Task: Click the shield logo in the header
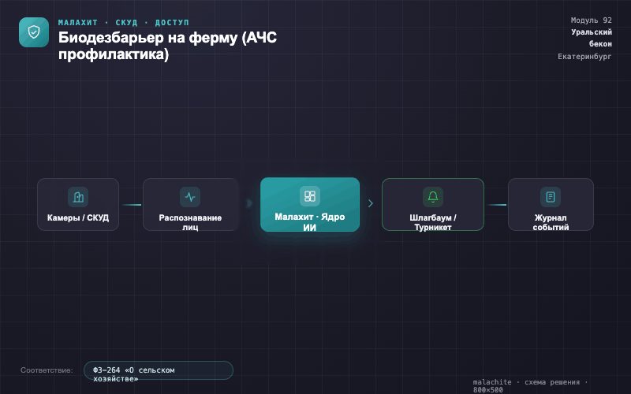34,32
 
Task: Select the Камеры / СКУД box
78,204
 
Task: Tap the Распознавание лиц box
190,204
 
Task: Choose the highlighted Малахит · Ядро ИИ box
310,204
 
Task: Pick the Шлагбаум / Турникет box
433,204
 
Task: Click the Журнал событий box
551,204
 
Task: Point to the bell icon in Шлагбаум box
433,196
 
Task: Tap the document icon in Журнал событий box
551,196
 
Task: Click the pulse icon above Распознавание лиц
190,196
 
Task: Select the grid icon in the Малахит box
310,196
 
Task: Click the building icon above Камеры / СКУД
78,196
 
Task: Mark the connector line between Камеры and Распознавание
131,205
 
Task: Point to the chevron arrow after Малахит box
371,203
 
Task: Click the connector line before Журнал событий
496,205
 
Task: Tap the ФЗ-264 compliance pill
159,370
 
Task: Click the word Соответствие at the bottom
47,370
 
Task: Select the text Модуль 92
591,20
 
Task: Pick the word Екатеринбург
584,57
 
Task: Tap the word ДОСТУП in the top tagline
172,23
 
